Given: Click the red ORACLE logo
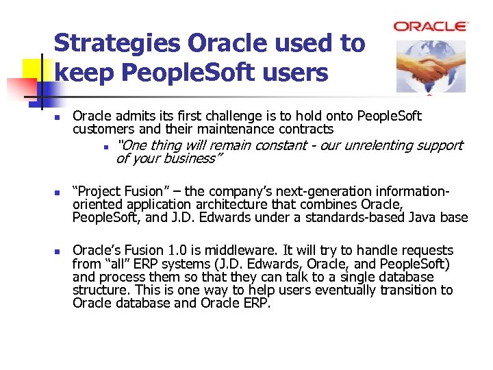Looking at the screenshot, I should [431, 26].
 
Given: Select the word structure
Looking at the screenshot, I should [100, 290].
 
